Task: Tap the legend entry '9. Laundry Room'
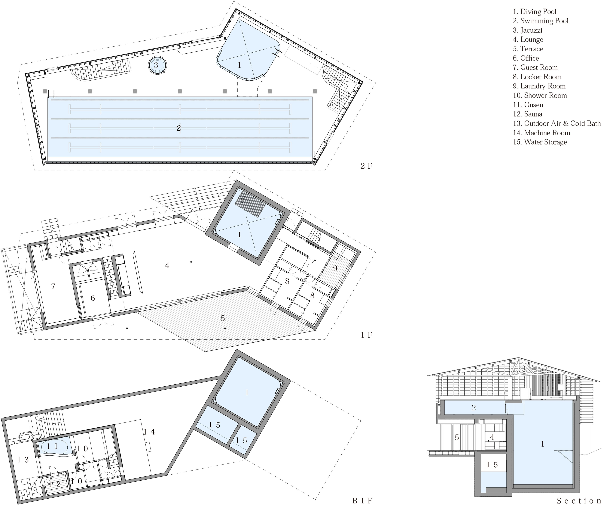tap(539, 86)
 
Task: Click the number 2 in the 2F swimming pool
tap(179, 128)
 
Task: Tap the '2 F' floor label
tap(366, 166)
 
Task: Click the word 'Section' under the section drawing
tap(579, 501)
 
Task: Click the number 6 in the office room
tap(93, 298)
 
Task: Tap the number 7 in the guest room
tap(53, 286)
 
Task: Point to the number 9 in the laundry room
tap(335, 268)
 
